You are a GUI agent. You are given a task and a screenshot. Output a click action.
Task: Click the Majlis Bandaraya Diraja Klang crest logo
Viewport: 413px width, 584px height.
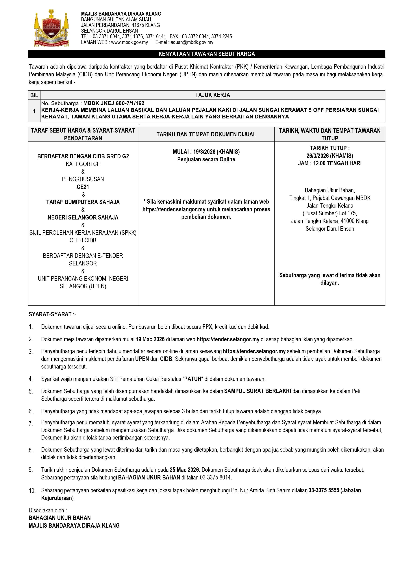[x=51, y=28]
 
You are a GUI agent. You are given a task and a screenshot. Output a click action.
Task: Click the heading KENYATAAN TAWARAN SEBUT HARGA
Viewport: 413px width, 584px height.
[x=206, y=54]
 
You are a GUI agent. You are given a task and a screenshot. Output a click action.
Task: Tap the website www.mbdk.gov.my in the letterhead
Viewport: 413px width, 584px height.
[x=129, y=42]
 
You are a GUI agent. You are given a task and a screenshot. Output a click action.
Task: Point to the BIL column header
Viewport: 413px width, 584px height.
[x=34, y=95]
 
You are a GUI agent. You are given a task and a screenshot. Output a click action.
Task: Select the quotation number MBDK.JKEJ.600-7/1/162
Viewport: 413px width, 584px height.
[x=114, y=103]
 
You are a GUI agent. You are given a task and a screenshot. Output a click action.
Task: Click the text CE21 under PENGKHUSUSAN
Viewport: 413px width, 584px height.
[x=83, y=187]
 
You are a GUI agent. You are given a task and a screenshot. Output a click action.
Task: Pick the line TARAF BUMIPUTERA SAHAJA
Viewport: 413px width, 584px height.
[x=83, y=202]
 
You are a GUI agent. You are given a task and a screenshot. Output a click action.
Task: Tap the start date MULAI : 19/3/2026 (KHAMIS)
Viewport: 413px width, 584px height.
[x=206, y=152]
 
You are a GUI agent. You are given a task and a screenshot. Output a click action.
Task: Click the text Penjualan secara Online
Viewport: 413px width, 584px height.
[x=206, y=159]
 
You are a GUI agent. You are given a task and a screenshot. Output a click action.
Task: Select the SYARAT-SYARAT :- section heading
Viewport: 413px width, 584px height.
[x=52, y=314]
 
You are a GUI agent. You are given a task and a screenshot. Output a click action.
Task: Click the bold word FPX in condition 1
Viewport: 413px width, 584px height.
[x=207, y=327]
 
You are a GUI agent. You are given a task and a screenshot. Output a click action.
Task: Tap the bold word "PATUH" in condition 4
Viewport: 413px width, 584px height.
[x=193, y=379]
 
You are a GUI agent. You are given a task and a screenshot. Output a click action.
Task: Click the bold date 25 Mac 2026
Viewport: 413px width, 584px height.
[x=185, y=470]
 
